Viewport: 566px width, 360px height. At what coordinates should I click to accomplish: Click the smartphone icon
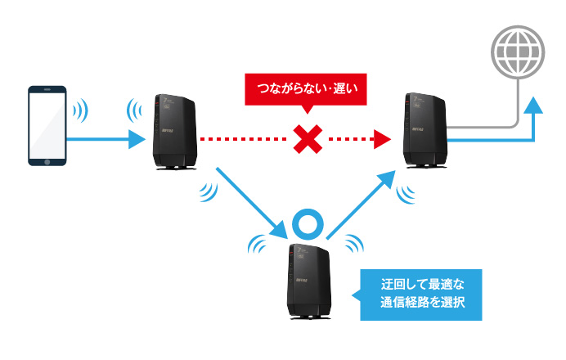47,126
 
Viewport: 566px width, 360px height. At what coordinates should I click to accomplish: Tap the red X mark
307,141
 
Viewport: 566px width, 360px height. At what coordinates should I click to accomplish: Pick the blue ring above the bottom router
310,223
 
